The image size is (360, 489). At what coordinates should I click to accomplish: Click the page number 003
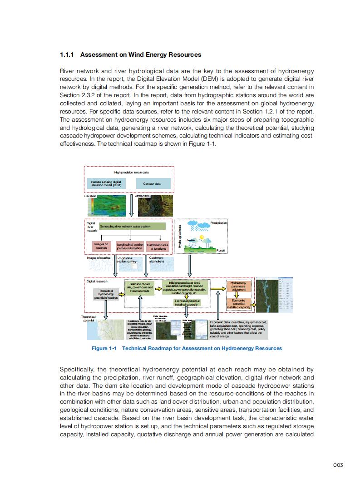click(x=337, y=465)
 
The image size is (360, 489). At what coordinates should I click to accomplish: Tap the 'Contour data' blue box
click(x=152, y=184)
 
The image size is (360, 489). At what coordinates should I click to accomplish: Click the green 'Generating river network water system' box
click(x=132, y=227)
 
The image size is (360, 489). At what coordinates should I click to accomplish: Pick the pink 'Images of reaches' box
click(x=101, y=246)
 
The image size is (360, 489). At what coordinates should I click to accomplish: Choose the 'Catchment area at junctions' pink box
click(x=158, y=247)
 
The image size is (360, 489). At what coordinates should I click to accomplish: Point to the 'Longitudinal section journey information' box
click(x=130, y=247)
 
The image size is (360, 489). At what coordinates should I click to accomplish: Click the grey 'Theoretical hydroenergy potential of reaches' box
click(x=106, y=294)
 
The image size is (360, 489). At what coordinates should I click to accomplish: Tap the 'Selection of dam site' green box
click(x=140, y=287)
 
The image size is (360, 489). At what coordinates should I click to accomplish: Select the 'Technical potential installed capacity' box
click(x=187, y=303)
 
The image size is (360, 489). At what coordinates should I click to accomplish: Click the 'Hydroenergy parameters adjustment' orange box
click(x=238, y=286)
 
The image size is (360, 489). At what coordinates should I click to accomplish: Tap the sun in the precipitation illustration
click(x=201, y=237)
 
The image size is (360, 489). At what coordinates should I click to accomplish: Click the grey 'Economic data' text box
click(x=238, y=329)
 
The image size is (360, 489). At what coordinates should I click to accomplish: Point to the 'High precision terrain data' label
click(x=131, y=173)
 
